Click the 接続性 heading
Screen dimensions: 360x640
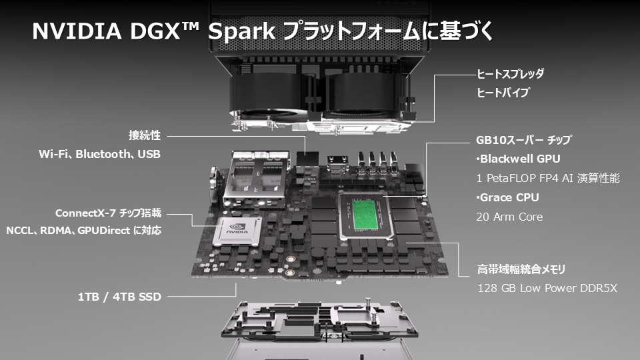(x=145, y=135)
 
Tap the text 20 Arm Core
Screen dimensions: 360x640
(x=510, y=217)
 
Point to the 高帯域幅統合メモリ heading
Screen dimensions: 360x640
(x=521, y=269)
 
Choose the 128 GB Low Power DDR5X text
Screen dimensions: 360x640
(x=547, y=289)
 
